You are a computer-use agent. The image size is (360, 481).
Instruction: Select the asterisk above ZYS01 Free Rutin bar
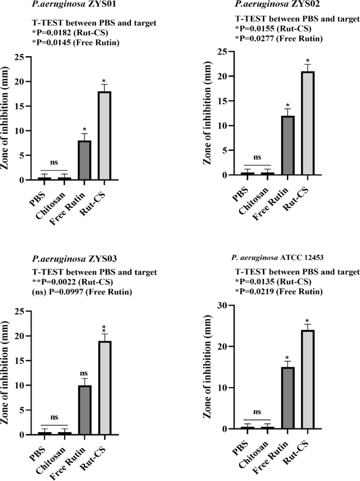click(85, 128)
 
